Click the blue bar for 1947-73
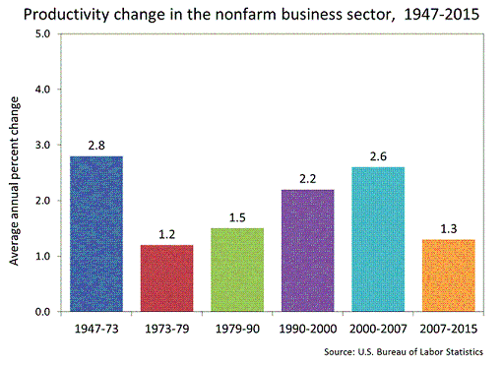click(x=96, y=234)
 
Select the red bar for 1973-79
click(x=166, y=278)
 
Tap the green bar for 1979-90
click(x=237, y=270)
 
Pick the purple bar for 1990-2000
click(x=308, y=251)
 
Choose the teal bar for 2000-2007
click(x=378, y=239)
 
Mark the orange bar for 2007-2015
click(x=449, y=275)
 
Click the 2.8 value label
click(x=96, y=146)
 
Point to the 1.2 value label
click(x=166, y=234)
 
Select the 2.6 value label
click(x=378, y=156)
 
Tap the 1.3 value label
click(x=449, y=228)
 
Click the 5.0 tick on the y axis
click(x=42, y=33)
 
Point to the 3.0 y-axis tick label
click(x=42, y=145)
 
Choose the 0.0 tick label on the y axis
click(x=42, y=312)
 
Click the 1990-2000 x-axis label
click(x=308, y=329)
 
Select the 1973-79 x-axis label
click(x=167, y=329)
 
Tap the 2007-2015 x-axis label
click(x=449, y=329)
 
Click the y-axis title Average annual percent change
click(x=15, y=181)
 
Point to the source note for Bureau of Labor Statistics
click(x=404, y=352)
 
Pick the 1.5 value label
click(x=237, y=217)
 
